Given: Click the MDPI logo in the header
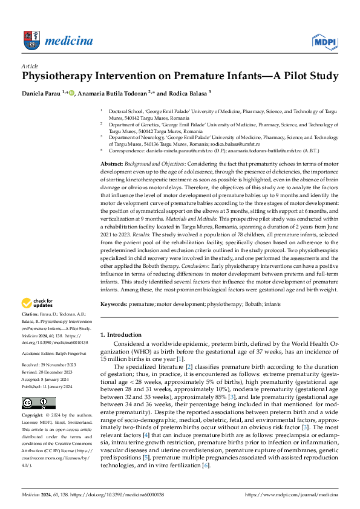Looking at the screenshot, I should click(324, 41).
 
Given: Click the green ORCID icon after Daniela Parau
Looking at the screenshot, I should click(72, 92).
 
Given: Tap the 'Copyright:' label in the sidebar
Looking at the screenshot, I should click(32, 417).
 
